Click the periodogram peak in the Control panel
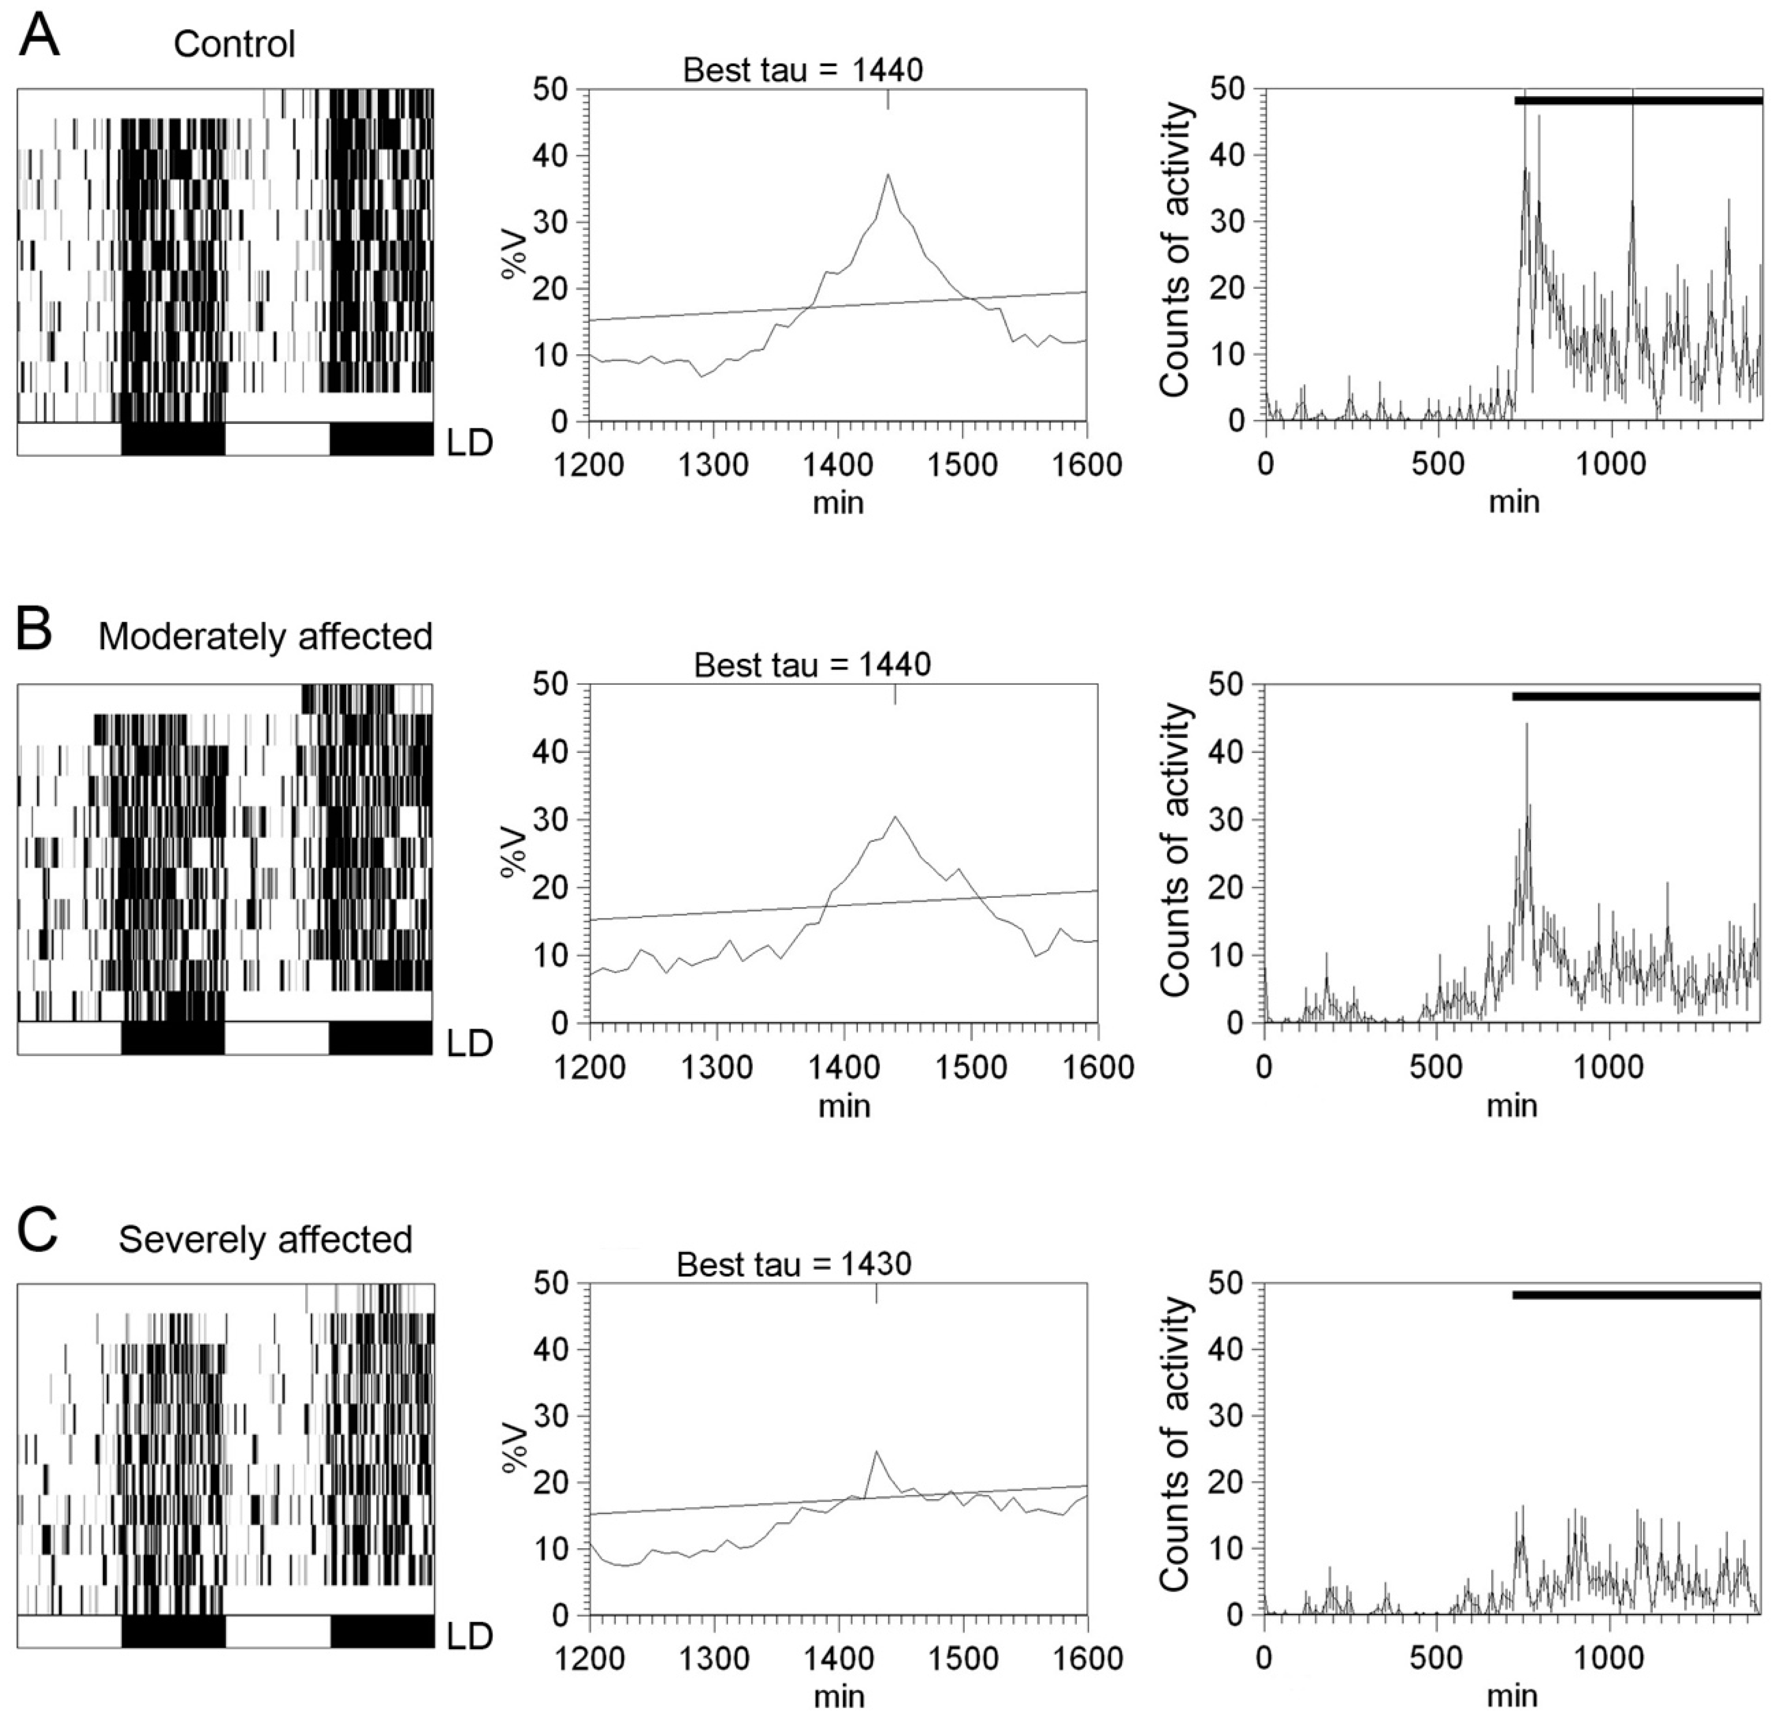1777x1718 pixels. [x=888, y=174]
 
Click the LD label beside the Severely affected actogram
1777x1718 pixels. [x=470, y=1636]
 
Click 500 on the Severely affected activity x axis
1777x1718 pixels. [x=1437, y=1658]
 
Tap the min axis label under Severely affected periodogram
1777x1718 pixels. [x=838, y=1694]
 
